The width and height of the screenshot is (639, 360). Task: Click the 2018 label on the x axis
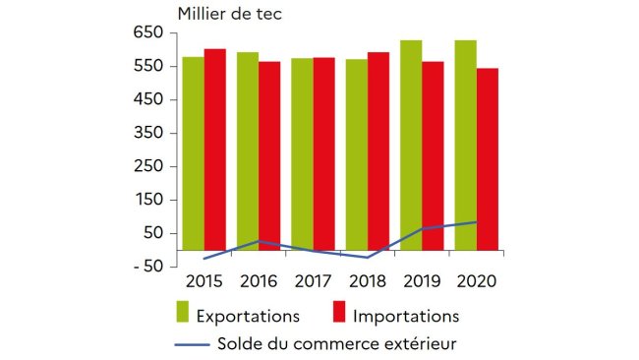coord(368,281)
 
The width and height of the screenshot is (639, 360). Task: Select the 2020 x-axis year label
coord(477,281)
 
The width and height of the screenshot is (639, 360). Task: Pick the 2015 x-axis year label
coord(203,281)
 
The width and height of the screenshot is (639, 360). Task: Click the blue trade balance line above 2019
coord(423,228)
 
